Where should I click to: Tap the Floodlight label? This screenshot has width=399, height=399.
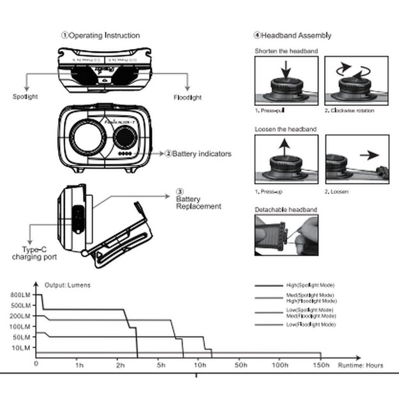[x=188, y=98]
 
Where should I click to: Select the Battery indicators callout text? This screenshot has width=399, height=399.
[x=193, y=153]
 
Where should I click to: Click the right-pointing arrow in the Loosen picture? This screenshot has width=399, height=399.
[x=366, y=154]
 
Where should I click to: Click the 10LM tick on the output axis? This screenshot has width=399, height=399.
[x=20, y=348]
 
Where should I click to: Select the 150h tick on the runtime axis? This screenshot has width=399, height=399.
[x=321, y=365]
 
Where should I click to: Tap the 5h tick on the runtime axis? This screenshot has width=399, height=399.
[x=161, y=365]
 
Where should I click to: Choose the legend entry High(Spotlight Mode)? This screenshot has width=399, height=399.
[x=310, y=285]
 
